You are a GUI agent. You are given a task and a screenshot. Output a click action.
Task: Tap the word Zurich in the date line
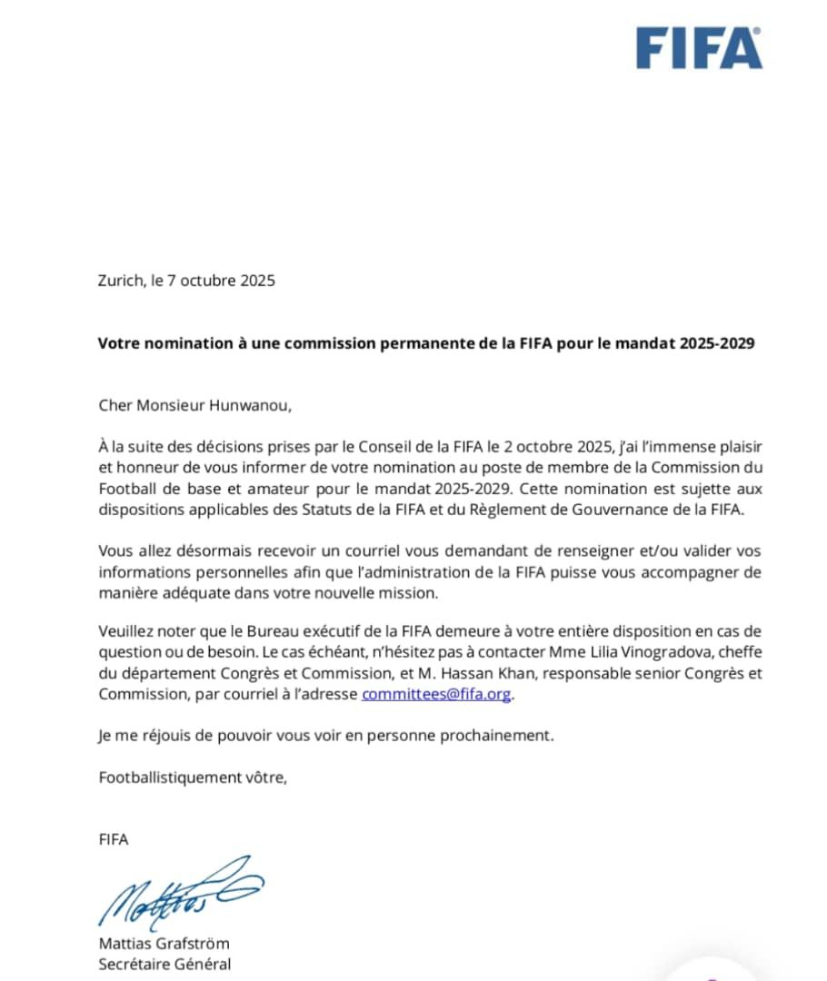pyautogui.click(x=120, y=281)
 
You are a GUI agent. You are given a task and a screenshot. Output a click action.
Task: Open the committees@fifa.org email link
pyautogui.click(x=437, y=694)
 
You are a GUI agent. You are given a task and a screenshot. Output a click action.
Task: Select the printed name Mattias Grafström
pyautogui.click(x=164, y=943)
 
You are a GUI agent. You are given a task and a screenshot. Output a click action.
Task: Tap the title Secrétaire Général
pyautogui.click(x=164, y=964)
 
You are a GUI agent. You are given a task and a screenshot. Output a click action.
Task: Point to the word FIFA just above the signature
pyautogui.click(x=114, y=839)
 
